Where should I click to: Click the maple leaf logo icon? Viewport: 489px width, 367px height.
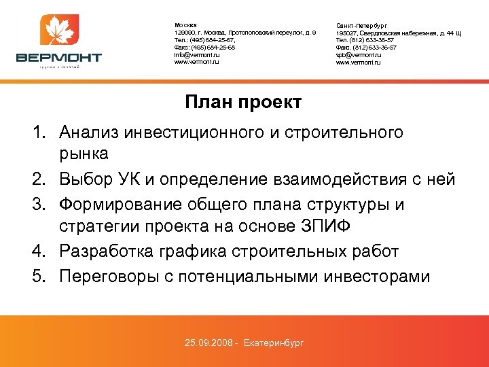[x=60, y=31]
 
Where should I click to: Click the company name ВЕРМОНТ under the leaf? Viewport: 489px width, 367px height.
[x=59, y=57]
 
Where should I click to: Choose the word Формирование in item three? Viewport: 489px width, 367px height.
[x=122, y=204]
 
